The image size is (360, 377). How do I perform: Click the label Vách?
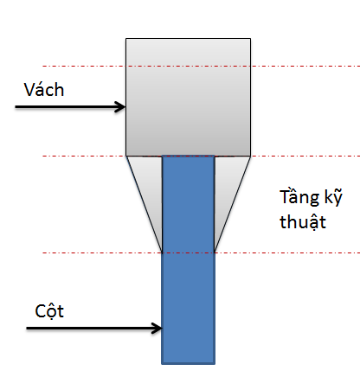(44, 90)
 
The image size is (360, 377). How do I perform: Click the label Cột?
(49, 311)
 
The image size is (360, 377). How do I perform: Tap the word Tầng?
(299, 198)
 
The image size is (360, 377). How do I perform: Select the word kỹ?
(333, 197)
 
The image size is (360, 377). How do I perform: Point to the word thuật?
(303, 222)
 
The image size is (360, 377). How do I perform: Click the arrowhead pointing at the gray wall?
(121, 107)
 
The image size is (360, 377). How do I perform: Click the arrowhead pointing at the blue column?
(157, 328)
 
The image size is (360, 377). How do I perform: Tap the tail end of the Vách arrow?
(16, 107)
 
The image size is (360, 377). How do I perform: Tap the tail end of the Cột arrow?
(27, 328)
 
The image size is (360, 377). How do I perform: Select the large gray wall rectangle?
(188, 97)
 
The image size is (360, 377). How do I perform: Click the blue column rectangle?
(188, 259)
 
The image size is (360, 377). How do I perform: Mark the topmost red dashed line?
(202, 67)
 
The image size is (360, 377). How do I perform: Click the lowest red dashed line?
(202, 252)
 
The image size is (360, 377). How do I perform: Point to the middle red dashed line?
(202, 157)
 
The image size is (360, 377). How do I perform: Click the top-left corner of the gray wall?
(126, 39)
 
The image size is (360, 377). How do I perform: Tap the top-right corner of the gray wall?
(250, 39)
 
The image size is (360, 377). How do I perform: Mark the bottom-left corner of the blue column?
(162, 364)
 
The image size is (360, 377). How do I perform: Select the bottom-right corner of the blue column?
(215, 364)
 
